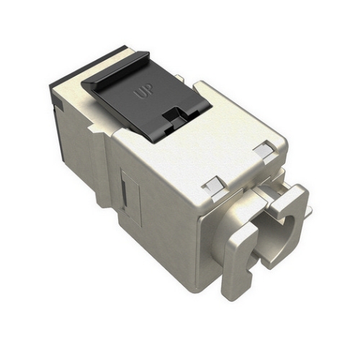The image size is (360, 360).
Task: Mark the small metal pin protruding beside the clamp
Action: point(308,209)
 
